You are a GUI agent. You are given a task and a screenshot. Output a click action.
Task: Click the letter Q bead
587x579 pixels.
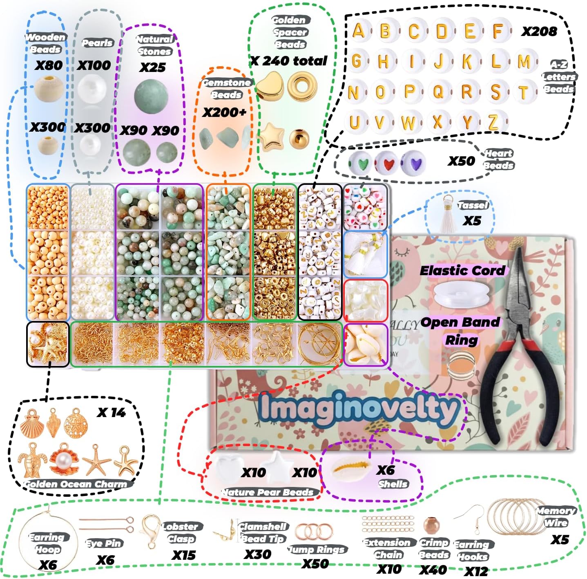click(437, 92)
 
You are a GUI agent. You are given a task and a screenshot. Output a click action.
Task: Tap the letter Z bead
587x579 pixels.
click(493, 122)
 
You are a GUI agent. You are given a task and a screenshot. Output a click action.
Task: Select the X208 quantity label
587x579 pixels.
click(539, 31)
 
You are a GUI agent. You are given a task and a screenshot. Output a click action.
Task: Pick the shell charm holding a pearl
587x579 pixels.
click(64, 459)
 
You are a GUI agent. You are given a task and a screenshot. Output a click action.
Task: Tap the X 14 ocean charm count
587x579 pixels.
click(111, 413)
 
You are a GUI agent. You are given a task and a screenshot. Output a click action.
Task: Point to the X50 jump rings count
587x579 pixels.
click(315, 564)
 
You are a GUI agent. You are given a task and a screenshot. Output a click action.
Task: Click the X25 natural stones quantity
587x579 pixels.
click(152, 67)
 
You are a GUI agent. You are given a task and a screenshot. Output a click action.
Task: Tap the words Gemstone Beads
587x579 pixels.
click(226, 88)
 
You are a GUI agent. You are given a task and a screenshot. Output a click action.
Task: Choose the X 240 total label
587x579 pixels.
click(289, 61)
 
